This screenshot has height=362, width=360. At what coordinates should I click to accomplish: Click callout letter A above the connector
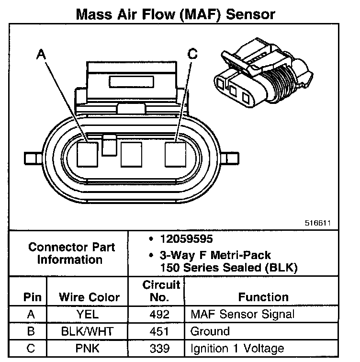point(42,55)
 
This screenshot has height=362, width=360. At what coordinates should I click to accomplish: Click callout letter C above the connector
point(192,54)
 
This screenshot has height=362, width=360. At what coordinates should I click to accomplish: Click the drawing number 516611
point(317,223)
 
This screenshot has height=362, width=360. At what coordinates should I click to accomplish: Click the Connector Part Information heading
point(72,254)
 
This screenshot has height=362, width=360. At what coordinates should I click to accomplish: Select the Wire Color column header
point(89,297)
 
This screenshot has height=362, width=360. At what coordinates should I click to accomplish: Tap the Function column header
point(263,297)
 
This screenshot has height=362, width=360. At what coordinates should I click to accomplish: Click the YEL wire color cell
point(89,314)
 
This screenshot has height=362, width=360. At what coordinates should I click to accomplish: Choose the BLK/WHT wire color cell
point(89,331)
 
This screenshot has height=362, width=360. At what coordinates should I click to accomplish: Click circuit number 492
point(159,314)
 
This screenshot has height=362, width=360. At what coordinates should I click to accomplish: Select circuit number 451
point(159,331)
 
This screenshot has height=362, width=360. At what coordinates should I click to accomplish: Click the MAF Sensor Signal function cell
point(242,314)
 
